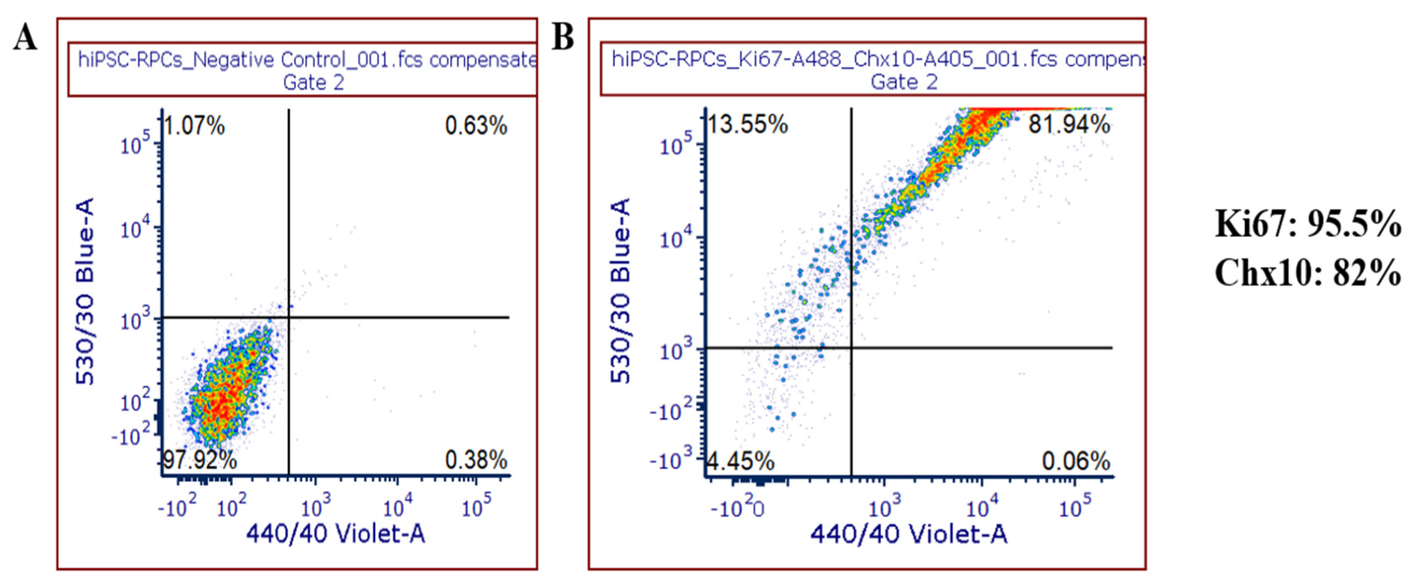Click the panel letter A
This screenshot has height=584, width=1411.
[25, 38]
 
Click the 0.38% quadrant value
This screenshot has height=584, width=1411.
[476, 460]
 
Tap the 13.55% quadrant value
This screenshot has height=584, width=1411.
[747, 124]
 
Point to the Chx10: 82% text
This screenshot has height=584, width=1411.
[1307, 272]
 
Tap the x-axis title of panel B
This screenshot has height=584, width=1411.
[909, 533]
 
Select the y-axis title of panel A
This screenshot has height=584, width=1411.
[85, 291]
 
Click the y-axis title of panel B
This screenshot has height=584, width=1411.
[620, 291]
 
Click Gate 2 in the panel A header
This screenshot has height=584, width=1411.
[313, 83]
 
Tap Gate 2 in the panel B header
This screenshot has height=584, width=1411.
[904, 82]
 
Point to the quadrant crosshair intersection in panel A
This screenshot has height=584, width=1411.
[289, 317]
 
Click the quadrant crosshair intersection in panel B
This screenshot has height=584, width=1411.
[851, 347]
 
